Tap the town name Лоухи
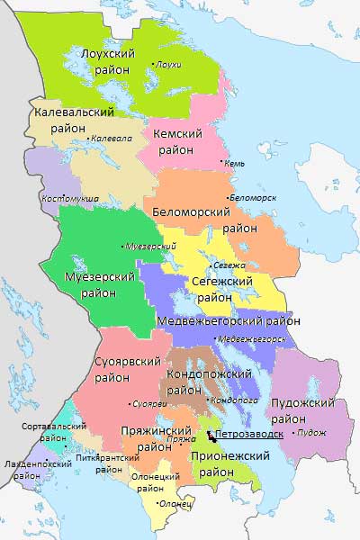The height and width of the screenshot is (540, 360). pyautogui.click(x=168, y=65)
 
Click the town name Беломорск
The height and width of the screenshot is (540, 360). pyautogui.click(x=253, y=196)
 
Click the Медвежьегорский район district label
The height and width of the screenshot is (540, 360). pyautogui.click(x=228, y=320)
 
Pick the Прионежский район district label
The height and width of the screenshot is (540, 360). pyautogui.click(x=229, y=463)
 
